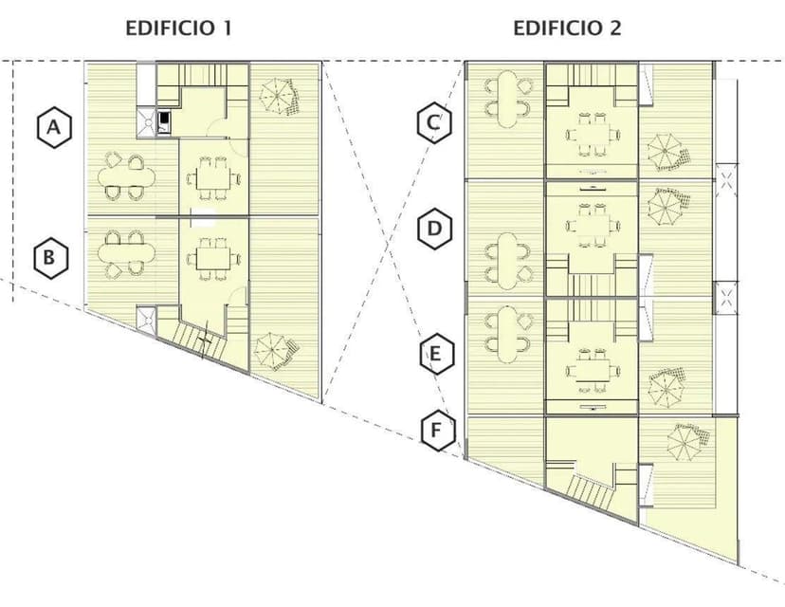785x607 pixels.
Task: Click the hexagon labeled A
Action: tap(54, 127)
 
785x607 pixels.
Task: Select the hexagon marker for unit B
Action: tap(50, 258)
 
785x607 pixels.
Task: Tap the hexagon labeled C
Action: tap(434, 122)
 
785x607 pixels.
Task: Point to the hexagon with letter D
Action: tap(435, 229)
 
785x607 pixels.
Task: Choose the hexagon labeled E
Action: tap(436, 354)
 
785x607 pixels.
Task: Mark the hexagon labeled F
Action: tap(438, 431)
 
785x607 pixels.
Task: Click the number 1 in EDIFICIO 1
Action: tap(227, 28)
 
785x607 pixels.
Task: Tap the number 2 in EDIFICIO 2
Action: tap(614, 28)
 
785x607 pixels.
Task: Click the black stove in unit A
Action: tap(164, 122)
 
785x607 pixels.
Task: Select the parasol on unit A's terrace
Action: tap(279, 96)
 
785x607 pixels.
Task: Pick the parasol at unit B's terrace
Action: tap(275, 352)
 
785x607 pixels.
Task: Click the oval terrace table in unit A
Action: tap(126, 176)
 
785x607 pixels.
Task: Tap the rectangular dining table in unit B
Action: tap(213, 259)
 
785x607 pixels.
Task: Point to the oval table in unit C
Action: tap(506, 99)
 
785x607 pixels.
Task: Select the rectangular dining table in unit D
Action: tap(593, 226)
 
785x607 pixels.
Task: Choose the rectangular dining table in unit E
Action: tap(593, 371)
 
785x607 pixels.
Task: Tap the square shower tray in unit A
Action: tap(147, 122)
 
